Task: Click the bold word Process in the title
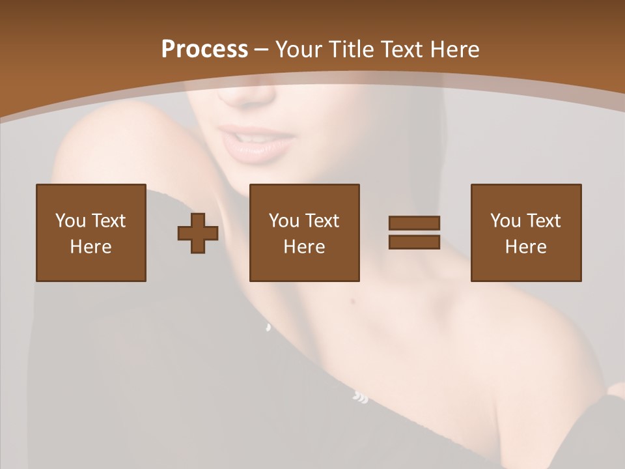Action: click(204, 50)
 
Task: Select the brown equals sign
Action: click(414, 233)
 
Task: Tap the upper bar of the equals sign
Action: click(414, 223)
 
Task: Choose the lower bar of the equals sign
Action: click(414, 242)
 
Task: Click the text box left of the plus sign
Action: click(90, 233)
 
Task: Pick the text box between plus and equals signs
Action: click(304, 233)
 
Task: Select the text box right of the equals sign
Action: click(525, 233)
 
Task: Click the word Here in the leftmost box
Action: click(90, 247)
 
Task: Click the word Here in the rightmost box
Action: click(525, 247)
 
